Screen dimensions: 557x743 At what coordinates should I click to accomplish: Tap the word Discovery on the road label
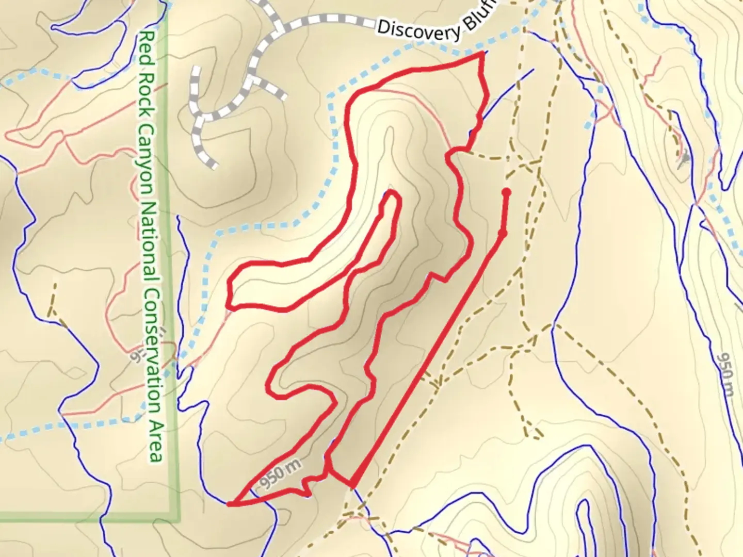pos(418,30)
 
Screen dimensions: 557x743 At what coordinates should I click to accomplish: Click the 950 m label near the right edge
pos(726,374)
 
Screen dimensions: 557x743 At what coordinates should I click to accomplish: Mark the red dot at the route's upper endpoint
pos(506,192)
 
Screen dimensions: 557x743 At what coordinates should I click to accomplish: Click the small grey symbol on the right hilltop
pos(685,159)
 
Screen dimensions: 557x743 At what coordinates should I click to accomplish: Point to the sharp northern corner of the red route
pos(482,53)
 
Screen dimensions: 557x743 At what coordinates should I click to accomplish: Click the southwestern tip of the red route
pos(229,504)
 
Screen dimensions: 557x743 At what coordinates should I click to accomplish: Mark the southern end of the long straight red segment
pos(353,485)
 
